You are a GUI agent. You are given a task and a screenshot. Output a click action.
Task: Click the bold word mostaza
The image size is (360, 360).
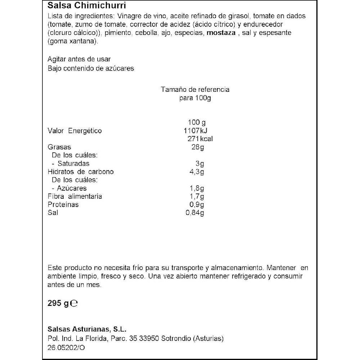pos(220,33)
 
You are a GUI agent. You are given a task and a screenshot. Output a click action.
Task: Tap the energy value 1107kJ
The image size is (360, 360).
pos(195,131)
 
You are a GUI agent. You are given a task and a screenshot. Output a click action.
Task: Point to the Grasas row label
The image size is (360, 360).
pos(59,147)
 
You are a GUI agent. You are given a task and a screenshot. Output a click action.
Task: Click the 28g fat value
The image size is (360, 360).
pos(198,147)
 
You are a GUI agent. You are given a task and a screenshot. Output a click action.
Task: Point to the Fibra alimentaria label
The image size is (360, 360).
pos(75,196)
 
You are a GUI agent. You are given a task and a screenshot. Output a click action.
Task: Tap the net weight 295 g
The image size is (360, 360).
pos(58,303)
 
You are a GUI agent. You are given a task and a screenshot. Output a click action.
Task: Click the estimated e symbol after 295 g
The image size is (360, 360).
pos(74,303)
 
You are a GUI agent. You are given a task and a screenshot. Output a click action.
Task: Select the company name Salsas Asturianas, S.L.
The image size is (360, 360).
pos(87,329)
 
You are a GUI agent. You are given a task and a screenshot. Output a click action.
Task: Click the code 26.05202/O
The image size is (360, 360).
pos(67,348)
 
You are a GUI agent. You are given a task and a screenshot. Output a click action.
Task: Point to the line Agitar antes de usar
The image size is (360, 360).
pos(79,59)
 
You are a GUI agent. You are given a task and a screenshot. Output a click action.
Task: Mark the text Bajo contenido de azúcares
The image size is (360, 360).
pos(91,68)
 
